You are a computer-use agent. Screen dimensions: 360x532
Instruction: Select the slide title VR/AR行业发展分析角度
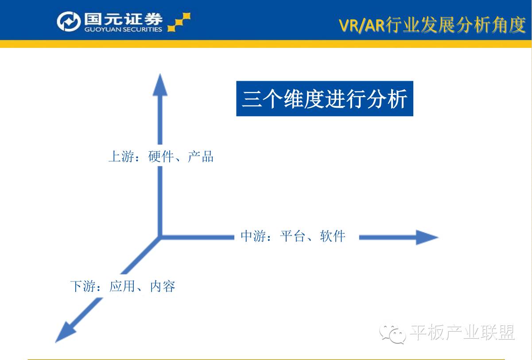[432, 25]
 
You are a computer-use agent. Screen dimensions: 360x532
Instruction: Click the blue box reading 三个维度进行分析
[324, 98]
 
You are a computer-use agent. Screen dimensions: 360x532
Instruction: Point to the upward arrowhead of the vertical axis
[160, 85]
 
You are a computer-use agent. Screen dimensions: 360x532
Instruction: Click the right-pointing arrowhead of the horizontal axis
[427, 237]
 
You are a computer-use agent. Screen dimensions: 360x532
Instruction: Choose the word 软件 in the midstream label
[333, 236]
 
